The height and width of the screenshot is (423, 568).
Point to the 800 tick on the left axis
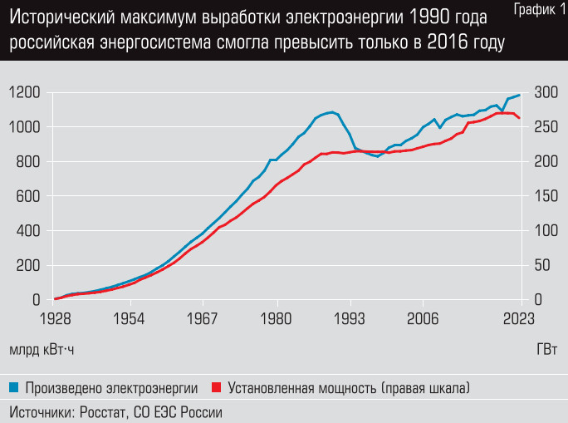24,162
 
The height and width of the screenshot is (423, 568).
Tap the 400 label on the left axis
24,231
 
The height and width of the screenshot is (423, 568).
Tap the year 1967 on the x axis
203,318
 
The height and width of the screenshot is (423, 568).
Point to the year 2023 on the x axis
519,318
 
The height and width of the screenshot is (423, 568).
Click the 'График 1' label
536,9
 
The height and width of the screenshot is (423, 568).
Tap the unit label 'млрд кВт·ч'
42,349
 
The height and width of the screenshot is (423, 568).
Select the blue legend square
14,387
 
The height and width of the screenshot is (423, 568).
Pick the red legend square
218,387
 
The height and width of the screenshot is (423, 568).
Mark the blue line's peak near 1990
332,112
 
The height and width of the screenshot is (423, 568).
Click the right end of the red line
520,118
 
